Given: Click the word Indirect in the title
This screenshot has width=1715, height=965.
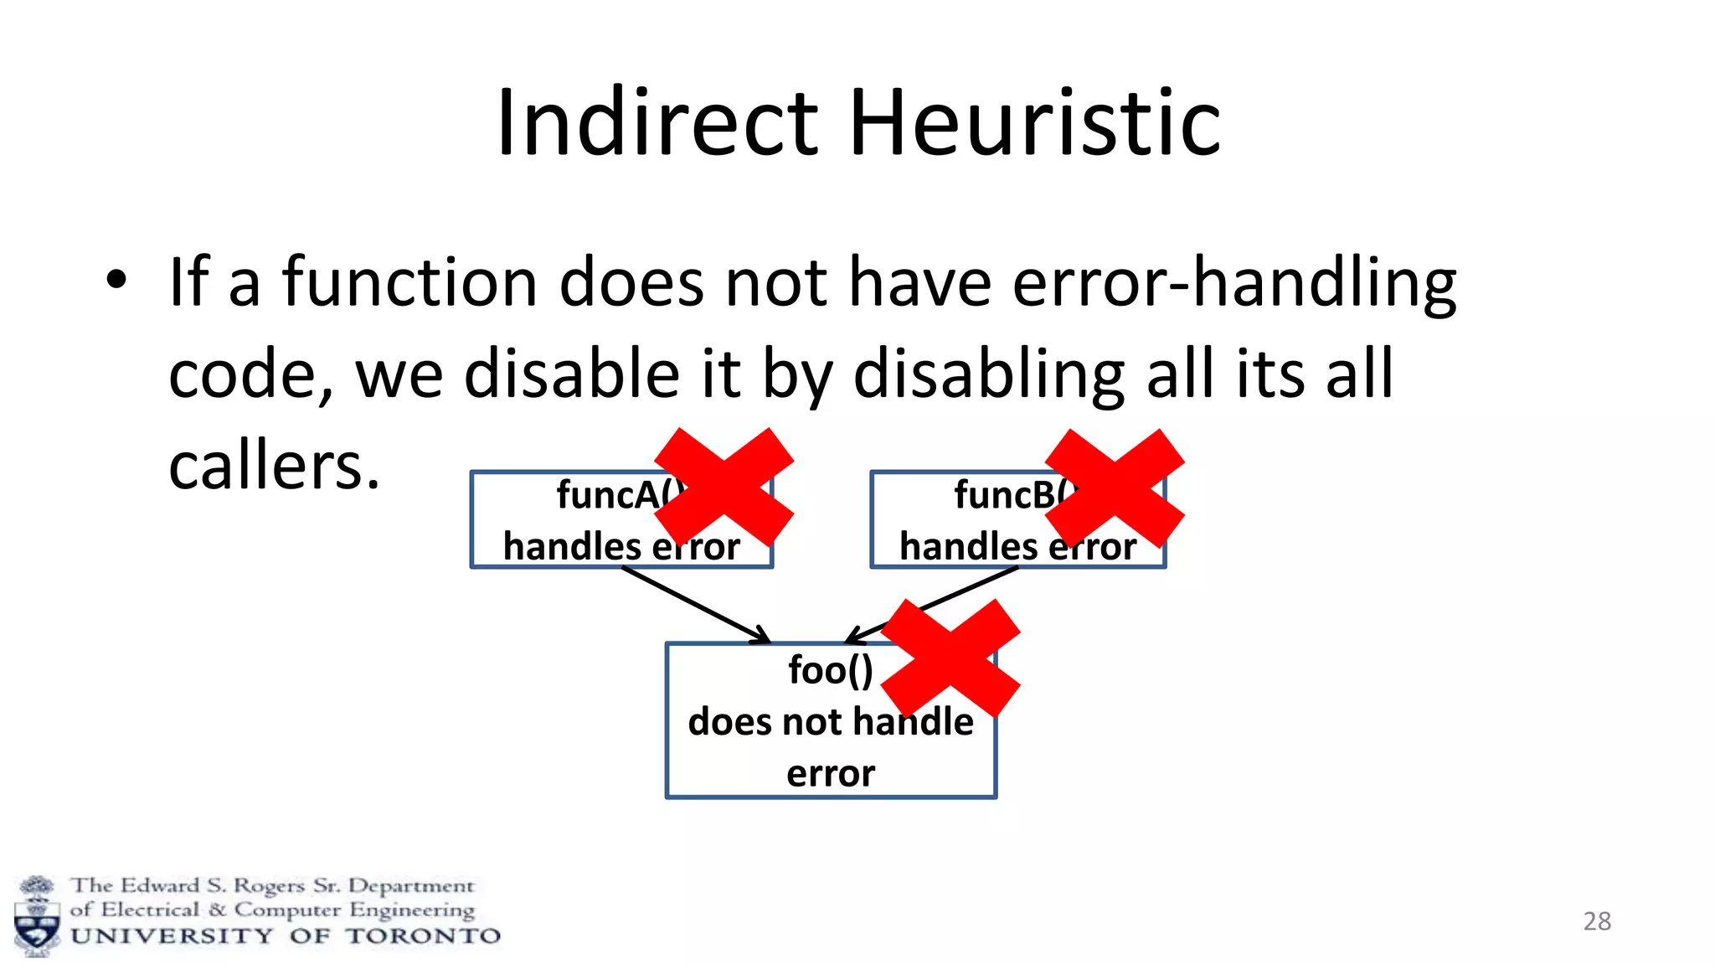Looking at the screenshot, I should coord(657,124).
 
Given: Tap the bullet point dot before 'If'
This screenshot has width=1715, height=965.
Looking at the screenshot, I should coord(116,281).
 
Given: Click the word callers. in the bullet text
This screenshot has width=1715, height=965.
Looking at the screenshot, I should coord(274,466).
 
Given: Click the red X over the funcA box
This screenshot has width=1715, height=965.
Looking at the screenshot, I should coord(724,487).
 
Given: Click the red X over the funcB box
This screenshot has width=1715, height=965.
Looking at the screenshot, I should coord(1115,488).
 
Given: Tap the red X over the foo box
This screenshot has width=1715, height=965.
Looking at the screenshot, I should coord(950,658).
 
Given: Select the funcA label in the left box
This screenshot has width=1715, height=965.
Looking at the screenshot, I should coord(610,495).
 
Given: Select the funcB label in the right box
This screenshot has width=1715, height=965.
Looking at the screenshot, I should coord(1005,495).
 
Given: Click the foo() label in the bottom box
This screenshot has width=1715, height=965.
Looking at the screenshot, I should coord(830,670).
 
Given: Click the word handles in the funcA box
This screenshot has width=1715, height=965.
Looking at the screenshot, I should coord(571,547).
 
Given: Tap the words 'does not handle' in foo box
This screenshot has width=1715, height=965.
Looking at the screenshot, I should coord(830,722).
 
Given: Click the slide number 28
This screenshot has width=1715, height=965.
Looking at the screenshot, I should coord(1596,921).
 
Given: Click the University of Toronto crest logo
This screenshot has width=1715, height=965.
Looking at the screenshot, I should coord(37,916).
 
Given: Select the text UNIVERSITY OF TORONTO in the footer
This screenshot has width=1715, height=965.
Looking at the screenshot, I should coord(285,937).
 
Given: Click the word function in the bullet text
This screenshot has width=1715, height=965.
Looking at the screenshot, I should coord(409,282).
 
